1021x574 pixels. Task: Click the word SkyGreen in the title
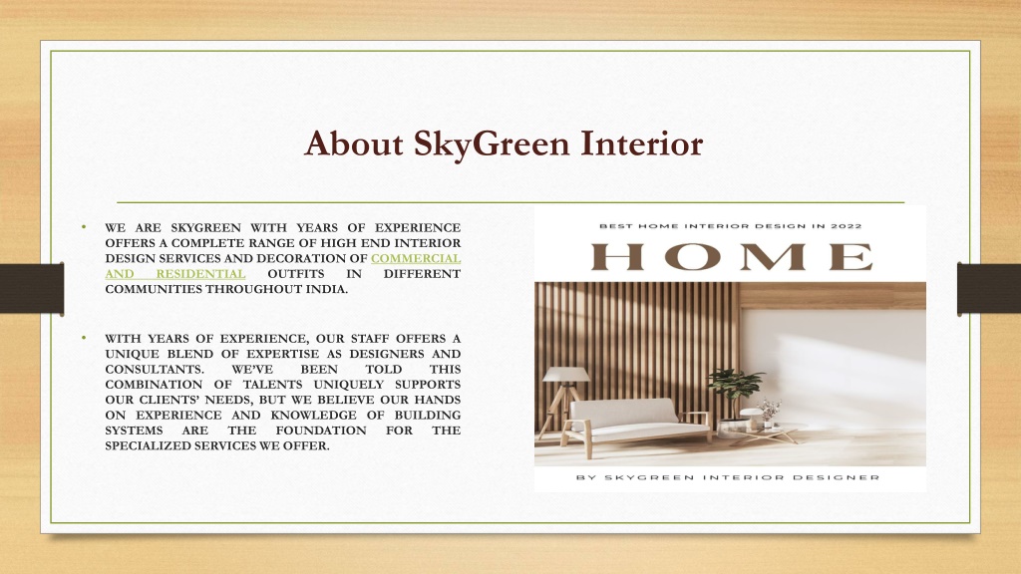point(492,144)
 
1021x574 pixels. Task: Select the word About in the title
point(354,143)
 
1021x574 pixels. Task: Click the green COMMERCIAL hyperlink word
point(416,258)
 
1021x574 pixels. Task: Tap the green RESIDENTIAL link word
point(200,274)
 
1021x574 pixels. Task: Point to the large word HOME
point(731,256)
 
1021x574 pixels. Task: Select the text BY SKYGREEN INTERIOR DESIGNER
point(728,477)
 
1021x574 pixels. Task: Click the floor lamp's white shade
point(566,375)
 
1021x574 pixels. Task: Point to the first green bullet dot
point(84,227)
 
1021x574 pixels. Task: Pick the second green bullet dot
point(84,338)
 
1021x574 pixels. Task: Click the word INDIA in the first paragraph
point(326,290)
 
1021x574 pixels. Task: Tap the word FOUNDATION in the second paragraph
point(321,430)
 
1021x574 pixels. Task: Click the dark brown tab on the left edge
point(32,289)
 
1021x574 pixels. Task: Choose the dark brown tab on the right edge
point(989,289)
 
